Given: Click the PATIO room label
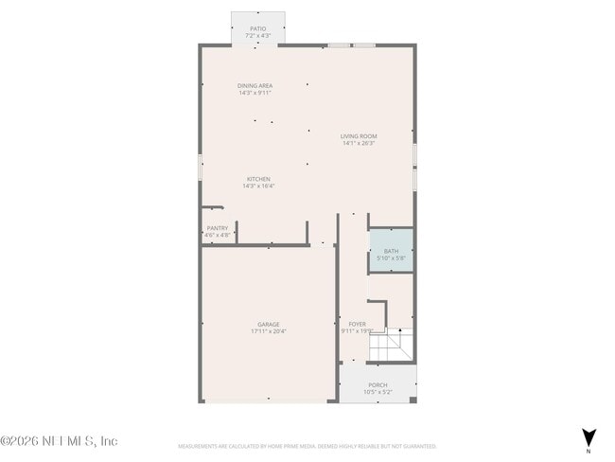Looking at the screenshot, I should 257,29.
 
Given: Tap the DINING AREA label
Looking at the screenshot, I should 255,86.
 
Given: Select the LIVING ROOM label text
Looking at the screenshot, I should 359,136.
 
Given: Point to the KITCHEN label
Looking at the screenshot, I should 258,179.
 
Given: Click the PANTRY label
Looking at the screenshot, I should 217,227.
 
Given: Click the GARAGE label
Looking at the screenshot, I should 269,325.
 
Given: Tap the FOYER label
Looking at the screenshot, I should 357,324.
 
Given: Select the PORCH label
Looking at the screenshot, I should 378,385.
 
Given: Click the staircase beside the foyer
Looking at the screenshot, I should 392,346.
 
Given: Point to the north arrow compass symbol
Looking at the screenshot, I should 589,435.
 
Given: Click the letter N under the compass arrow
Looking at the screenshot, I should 589,450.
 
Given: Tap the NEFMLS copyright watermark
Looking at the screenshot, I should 59,441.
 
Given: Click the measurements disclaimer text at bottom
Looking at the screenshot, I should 307,445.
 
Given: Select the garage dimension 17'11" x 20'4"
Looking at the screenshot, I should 269,331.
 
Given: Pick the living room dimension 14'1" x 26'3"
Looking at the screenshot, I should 359,143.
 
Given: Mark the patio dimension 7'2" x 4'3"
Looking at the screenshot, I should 257,36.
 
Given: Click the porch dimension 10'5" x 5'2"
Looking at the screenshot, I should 378,392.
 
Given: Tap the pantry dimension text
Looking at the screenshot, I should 217,235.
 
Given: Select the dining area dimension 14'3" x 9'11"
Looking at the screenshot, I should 255,93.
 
